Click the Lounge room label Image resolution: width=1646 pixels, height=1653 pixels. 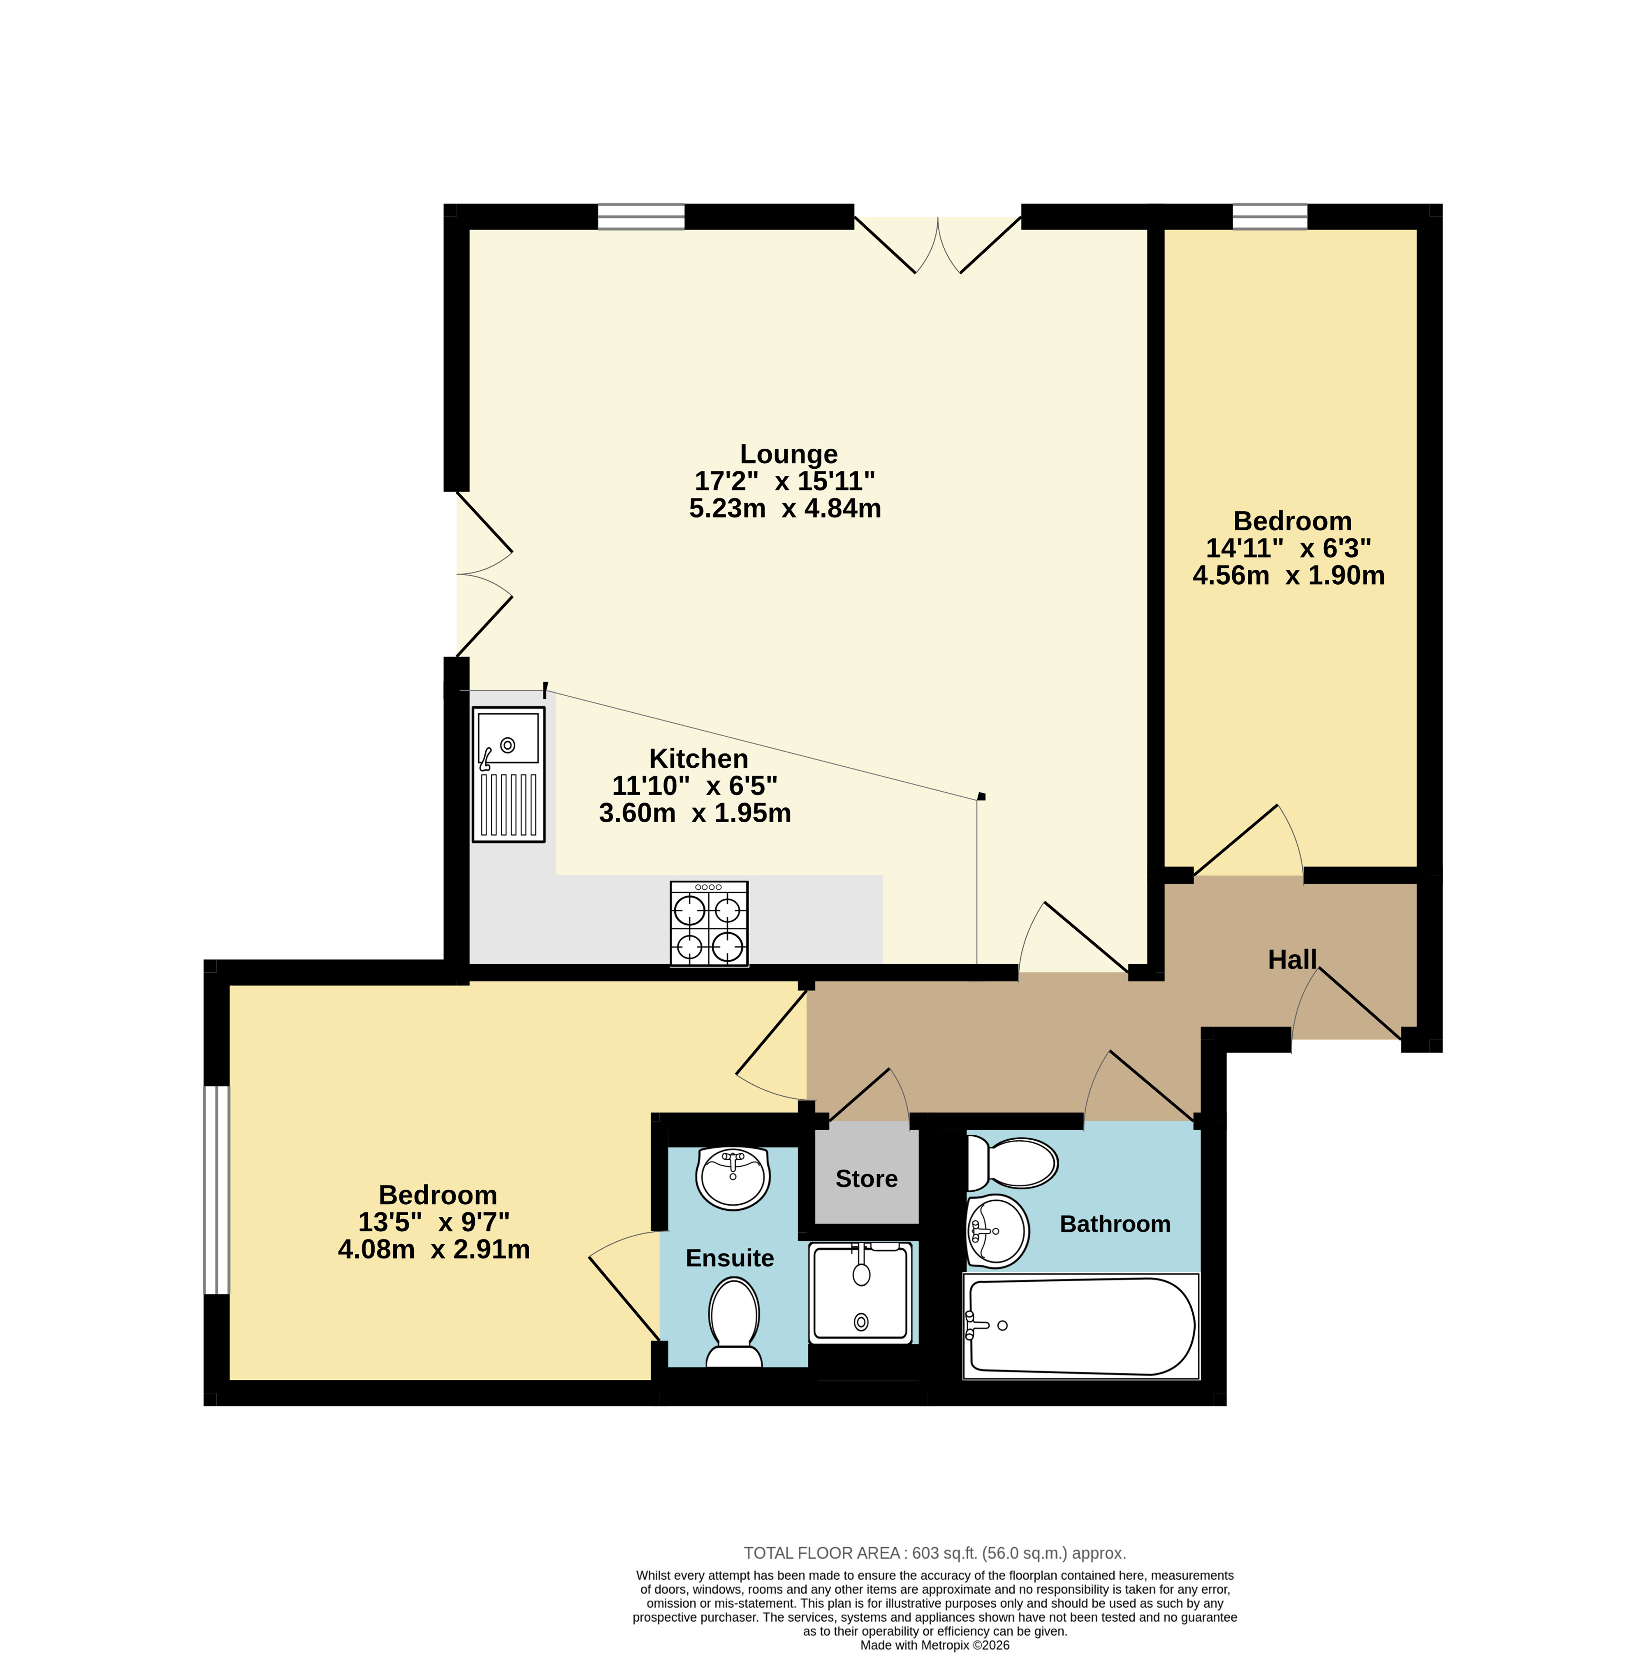pos(788,454)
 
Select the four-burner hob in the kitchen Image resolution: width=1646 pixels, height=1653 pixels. pos(709,924)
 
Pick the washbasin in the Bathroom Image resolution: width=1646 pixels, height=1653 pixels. pos(997,1231)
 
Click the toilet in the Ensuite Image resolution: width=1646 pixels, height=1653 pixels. pos(734,1323)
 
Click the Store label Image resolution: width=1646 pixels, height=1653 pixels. pos(867,1179)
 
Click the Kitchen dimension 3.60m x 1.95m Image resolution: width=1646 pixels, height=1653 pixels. pos(695,813)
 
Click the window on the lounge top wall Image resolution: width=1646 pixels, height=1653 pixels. pos(641,217)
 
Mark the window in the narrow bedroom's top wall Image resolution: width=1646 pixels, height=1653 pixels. pos(1270,217)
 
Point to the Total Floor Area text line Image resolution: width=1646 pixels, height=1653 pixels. pos(934,1553)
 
